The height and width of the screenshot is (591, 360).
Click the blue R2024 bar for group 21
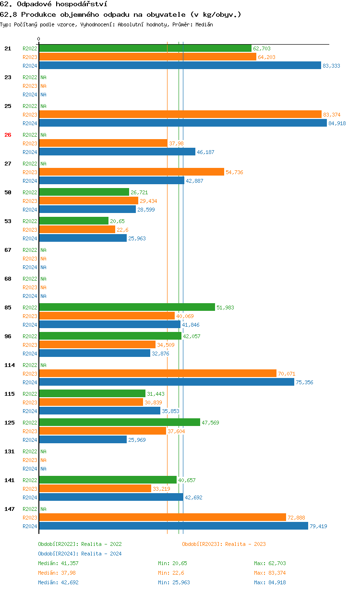point(180,66)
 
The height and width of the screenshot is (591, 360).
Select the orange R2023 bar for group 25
point(180,115)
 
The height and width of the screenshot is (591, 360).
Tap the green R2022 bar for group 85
point(127,307)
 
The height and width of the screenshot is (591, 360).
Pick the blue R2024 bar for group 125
point(83,440)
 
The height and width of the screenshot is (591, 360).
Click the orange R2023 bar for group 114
point(157,374)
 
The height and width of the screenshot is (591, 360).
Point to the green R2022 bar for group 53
point(73,221)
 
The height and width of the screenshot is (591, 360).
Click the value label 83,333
point(331,66)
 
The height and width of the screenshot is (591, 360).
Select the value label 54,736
point(234,172)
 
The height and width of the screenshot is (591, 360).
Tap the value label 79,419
point(318,526)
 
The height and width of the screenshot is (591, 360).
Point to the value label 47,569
point(211,423)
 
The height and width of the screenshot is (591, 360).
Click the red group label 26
point(8,135)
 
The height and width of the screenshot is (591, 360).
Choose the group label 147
point(9,509)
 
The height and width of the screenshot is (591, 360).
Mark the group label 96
point(8,336)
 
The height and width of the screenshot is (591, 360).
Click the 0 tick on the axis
point(39,39)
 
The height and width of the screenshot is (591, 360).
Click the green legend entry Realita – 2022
point(80,544)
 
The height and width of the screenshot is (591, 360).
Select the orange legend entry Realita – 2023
point(224,544)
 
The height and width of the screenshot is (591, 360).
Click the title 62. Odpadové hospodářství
point(53,4)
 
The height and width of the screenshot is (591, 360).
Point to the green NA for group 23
point(43,77)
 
